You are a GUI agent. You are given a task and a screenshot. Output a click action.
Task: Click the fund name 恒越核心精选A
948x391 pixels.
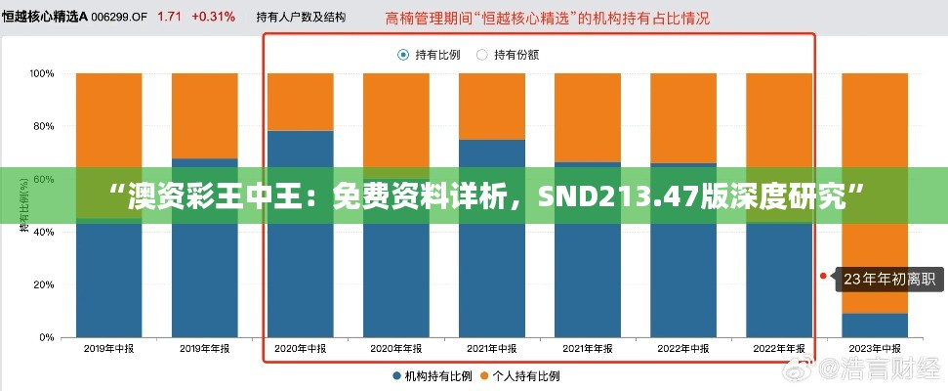pos(45,17)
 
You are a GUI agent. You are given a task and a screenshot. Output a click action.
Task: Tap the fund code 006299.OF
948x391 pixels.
pos(120,17)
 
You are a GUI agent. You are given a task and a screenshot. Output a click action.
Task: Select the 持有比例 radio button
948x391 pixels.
pos(403,55)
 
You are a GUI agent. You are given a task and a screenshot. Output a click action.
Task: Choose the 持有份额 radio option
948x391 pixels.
pos(481,55)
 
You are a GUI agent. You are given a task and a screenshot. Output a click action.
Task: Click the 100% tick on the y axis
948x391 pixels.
pos(41,73)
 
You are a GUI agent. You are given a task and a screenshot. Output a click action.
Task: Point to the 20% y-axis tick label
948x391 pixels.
pos(44,284)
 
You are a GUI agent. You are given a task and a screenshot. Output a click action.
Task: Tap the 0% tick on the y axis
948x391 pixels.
pos(47,337)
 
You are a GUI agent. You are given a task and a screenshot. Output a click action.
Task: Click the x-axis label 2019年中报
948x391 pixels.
pos(108,348)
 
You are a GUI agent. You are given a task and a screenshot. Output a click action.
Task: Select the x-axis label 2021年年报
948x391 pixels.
pos(587,348)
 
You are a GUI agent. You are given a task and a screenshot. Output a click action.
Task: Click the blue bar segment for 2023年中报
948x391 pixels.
pos(875,325)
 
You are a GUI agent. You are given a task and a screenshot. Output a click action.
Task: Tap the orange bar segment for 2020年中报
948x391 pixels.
pos(300,102)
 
